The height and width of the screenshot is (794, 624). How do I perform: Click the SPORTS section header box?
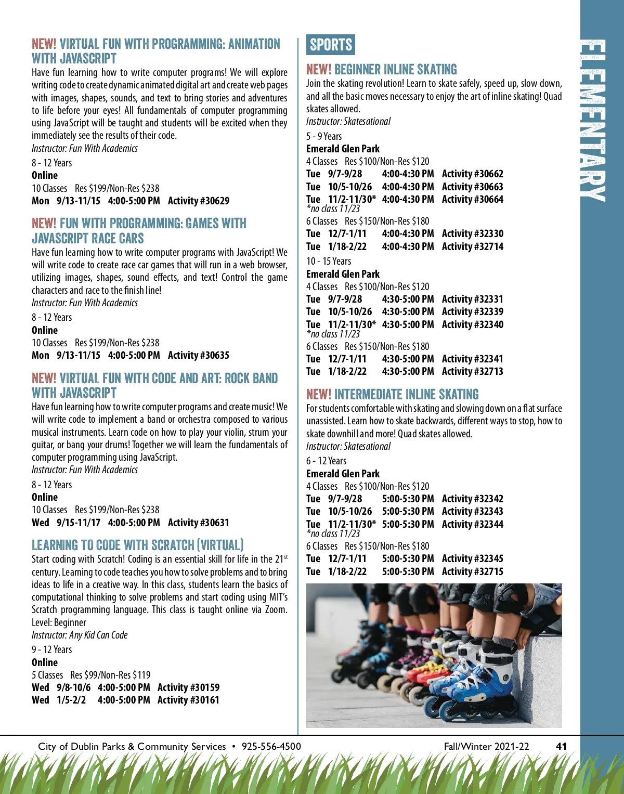(x=331, y=45)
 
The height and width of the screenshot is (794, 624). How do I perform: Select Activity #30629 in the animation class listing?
(x=198, y=201)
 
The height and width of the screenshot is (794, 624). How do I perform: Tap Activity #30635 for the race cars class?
(x=198, y=355)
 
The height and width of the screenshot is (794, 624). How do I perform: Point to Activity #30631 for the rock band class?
(x=198, y=523)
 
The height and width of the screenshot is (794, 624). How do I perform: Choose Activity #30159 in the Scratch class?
(x=188, y=687)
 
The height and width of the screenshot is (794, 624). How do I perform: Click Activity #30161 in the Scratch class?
(x=188, y=700)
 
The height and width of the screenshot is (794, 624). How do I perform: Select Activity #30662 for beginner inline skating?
(x=472, y=174)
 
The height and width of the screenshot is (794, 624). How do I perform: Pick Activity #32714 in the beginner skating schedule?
(x=472, y=246)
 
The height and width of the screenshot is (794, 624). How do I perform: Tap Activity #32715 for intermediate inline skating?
(x=472, y=571)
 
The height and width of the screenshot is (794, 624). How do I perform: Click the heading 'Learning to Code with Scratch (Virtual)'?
(x=137, y=545)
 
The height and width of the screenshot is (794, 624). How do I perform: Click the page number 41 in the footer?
(x=561, y=746)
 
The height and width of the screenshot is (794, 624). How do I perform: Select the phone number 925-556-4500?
(x=271, y=746)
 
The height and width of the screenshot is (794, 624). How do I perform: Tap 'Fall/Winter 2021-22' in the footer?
(x=486, y=746)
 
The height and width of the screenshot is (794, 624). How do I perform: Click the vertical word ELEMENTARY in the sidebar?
(x=593, y=121)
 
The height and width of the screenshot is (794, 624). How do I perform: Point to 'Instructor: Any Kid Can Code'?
(x=80, y=635)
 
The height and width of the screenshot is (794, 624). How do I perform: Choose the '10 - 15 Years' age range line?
(x=329, y=261)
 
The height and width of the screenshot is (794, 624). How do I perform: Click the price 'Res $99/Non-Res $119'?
(x=110, y=675)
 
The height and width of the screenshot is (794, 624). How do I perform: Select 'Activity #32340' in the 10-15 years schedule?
(x=472, y=324)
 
